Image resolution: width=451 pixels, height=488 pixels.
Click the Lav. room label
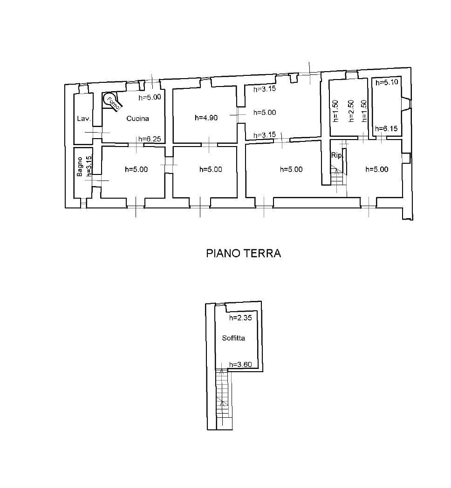[x=83, y=119]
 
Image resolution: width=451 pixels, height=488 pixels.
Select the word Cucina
[x=137, y=119]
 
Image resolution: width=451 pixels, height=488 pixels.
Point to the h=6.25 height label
[x=150, y=139]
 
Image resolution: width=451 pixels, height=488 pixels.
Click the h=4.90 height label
[x=206, y=118]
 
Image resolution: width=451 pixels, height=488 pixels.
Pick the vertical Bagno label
[x=80, y=167]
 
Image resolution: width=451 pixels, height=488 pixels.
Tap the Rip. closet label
[x=336, y=155]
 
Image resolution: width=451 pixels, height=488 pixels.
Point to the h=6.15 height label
[x=387, y=129]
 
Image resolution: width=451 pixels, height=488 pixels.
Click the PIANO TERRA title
[x=243, y=254]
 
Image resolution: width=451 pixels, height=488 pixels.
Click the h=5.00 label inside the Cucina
[x=150, y=98]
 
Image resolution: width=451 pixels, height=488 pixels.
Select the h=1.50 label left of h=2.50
[x=335, y=112]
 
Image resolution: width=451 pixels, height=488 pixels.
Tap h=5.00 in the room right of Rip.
[x=377, y=170]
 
